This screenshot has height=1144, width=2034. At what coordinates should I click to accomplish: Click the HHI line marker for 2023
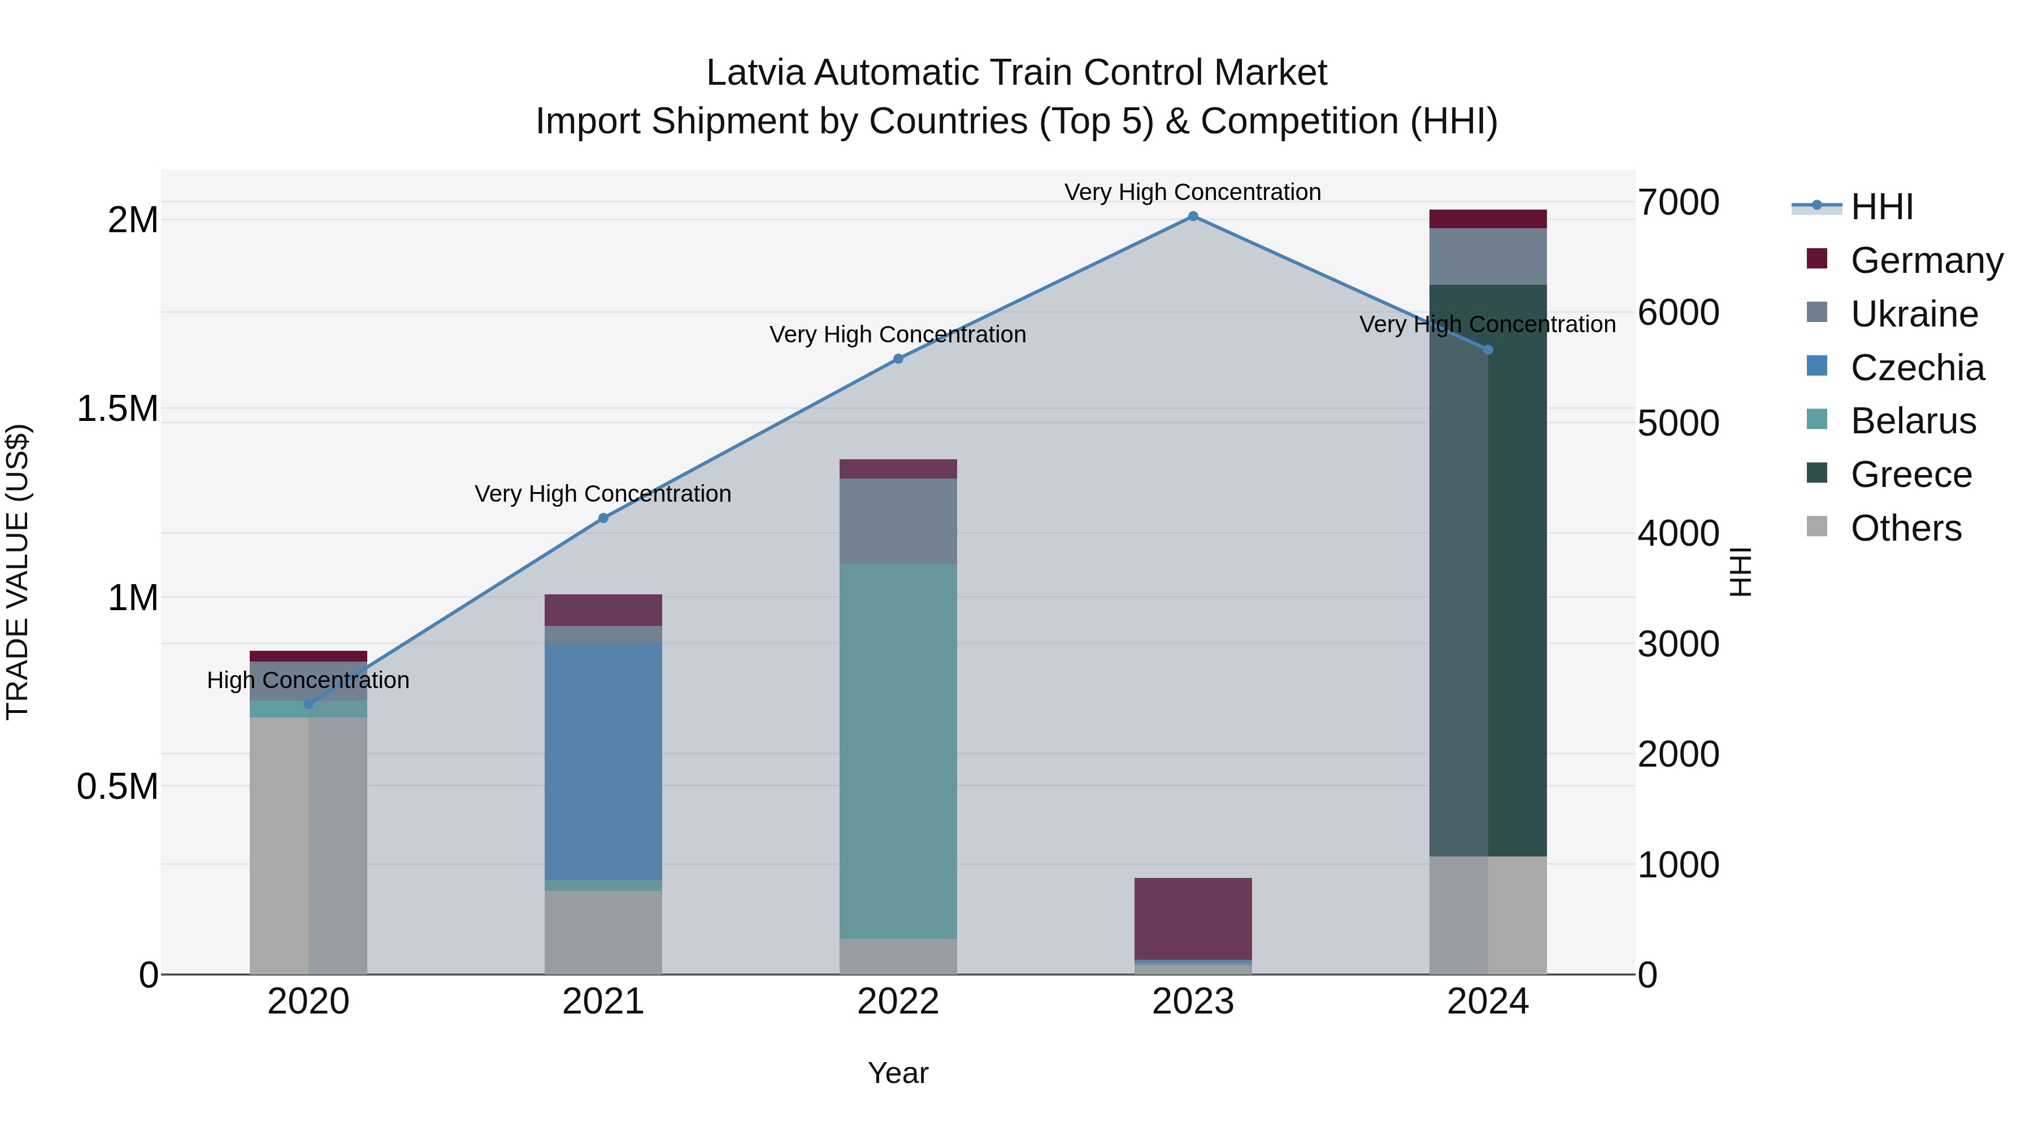coord(1192,216)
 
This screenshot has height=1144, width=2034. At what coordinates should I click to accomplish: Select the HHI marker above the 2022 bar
coord(898,358)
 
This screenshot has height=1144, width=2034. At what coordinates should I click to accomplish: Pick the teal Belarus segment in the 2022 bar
coord(898,750)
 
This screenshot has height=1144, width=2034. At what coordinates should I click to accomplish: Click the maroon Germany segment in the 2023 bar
coord(1192,918)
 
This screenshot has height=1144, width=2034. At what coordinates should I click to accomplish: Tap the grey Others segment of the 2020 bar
coord(308,845)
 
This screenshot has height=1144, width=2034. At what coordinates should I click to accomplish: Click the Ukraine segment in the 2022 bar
coord(898,521)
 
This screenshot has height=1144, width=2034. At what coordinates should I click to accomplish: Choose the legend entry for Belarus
coord(1913,421)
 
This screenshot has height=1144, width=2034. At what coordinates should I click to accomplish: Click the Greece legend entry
coord(1911,475)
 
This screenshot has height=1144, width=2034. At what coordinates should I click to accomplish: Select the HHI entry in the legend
coord(1881,207)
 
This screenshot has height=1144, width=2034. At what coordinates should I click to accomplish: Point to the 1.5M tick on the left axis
coord(117,409)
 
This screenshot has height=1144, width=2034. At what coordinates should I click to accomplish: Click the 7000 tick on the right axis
coord(1678,202)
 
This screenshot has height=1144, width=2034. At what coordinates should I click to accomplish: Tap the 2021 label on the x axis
coord(603,1002)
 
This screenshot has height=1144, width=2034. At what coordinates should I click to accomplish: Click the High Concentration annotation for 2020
coord(308,680)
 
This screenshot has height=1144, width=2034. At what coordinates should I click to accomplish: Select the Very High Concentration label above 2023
coord(1192,192)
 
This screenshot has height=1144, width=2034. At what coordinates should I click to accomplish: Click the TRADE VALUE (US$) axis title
coord(18,572)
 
